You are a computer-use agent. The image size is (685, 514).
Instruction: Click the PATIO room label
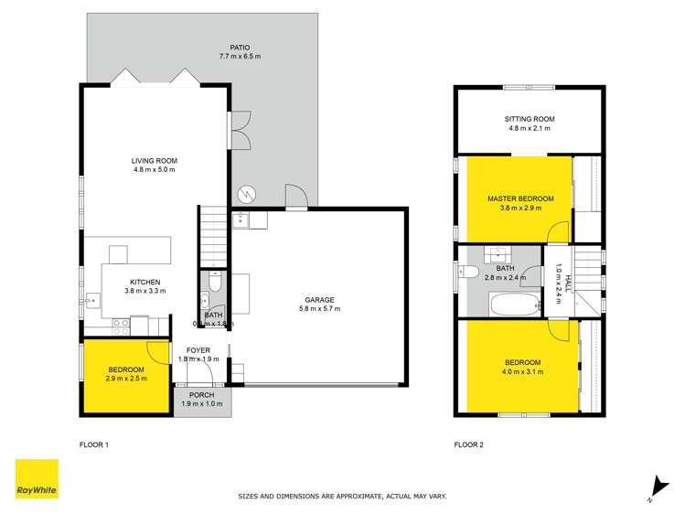click(x=240, y=48)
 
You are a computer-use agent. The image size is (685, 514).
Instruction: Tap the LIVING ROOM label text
click(x=153, y=160)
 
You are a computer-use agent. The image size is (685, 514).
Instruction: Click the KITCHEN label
click(x=144, y=282)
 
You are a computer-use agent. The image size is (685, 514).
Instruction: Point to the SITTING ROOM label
click(x=530, y=119)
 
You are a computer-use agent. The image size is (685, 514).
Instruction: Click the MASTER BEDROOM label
click(x=519, y=198)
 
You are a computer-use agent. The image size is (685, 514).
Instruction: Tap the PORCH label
click(x=202, y=395)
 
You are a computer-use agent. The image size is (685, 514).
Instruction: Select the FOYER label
click(x=198, y=350)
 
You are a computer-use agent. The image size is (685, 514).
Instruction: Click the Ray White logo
click(x=37, y=479)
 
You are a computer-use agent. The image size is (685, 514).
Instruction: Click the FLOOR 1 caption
click(x=94, y=445)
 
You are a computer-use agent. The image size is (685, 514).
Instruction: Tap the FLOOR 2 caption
click(x=469, y=445)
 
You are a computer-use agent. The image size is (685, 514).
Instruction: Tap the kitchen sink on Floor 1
click(x=93, y=300)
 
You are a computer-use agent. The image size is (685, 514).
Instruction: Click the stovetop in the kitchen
click(x=120, y=323)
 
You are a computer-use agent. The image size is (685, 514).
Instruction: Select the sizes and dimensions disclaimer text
click(x=342, y=497)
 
